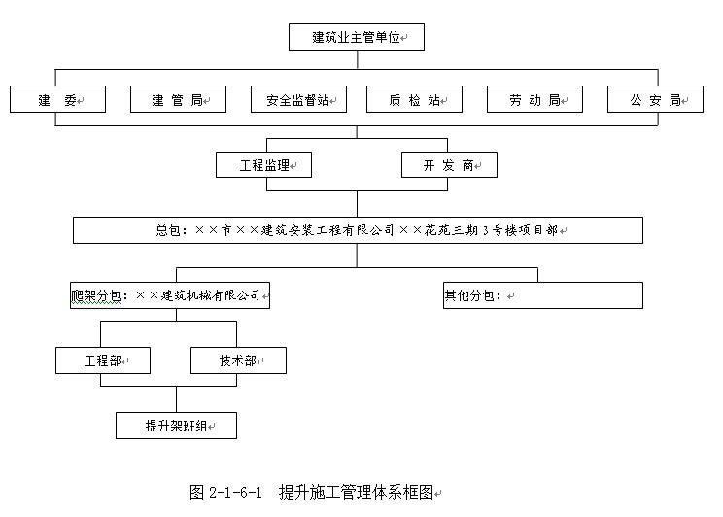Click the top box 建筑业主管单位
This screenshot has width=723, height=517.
(x=357, y=37)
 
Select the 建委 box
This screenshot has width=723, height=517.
(x=57, y=99)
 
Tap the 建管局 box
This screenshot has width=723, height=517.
(x=179, y=99)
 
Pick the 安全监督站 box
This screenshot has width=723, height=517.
(x=298, y=99)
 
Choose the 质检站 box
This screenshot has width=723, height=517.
(x=414, y=99)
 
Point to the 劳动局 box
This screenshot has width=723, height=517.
(x=534, y=99)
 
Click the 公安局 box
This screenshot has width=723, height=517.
(x=655, y=99)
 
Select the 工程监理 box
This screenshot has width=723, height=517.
(x=263, y=164)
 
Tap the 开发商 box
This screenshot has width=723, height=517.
(x=449, y=164)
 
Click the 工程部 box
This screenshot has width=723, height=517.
(x=103, y=361)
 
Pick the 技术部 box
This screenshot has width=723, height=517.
(x=238, y=361)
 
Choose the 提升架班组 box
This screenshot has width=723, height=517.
(x=176, y=426)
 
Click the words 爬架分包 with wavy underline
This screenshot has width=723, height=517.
(x=96, y=295)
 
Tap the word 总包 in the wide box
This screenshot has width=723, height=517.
(x=168, y=230)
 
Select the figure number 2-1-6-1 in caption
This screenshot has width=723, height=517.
(x=235, y=492)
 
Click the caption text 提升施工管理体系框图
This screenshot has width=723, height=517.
(x=356, y=492)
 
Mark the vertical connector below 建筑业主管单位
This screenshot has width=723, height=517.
(x=358, y=59)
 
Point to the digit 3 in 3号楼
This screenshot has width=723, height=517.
(x=486, y=230)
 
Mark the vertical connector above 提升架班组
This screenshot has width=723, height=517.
(x=176, y=399)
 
